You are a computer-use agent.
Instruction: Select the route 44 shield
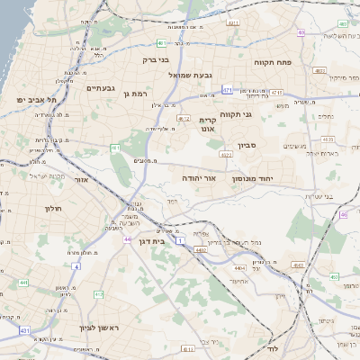(128, 239)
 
